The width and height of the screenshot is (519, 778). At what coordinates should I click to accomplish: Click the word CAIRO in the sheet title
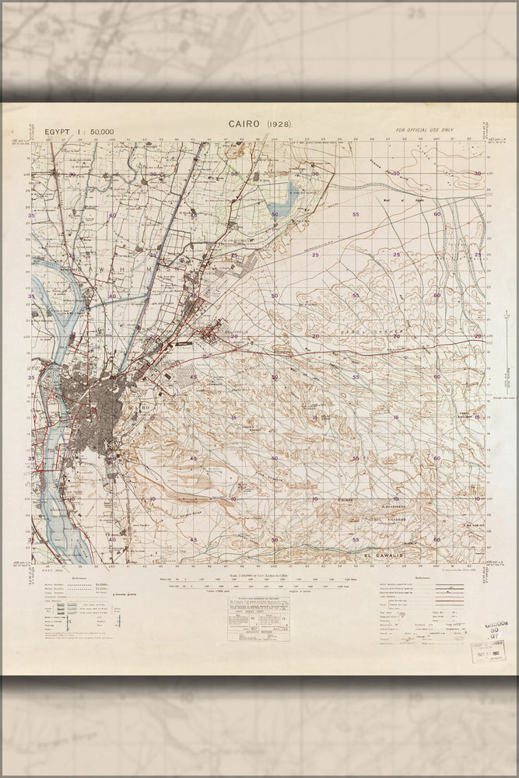[245, 124]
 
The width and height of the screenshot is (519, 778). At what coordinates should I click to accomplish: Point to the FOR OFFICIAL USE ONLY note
[424, 130]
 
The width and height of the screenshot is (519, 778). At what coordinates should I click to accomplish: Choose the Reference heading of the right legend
[423, 578]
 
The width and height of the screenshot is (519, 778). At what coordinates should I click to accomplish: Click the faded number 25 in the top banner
[418, 12]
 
